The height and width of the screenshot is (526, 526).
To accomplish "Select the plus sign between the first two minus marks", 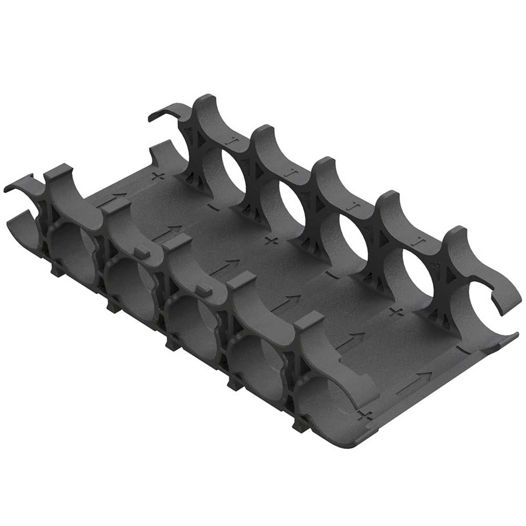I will pos(271,241).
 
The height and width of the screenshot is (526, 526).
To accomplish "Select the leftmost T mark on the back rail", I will pos(233,142).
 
